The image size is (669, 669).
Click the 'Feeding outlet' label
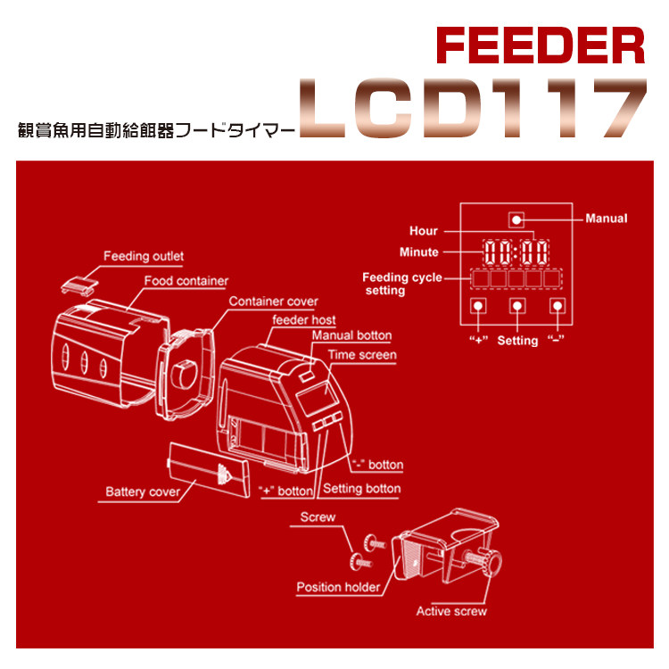pyautogui.click(x=144, y=257)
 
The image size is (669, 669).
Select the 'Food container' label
pyautogui.click(x=186, y=281)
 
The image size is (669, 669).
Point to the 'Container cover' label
pyautogui.click(x=273, y=301)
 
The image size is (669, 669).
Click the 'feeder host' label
pyautogui.click(x=304, y=319)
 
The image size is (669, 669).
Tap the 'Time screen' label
pyautogui.click(x=362, y=355)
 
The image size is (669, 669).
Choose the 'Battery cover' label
pyautogui.click(x=143, y=491)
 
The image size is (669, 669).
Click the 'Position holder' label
pyautogui.click(x=338, y=587)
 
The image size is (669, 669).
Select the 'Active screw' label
pyautogui.click(x=451, y=611)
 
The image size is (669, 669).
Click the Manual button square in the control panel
pyautogui.click(x=516, y=219)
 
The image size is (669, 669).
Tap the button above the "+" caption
pyautogui.click(x=478, y=306)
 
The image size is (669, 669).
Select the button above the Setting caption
pyautogui.click(x=516, y=306)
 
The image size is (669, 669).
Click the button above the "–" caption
pyautogui.click(x=557, y=306)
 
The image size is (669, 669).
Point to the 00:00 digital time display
pyautogui.click(x=516, y=251)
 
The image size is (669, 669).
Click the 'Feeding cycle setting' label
pyautogui.click(x=401, y=284)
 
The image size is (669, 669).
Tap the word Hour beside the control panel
pyautogui.click(x=424, y=231)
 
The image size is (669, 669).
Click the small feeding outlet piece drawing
pyautogui.click(x=78, y=285)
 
